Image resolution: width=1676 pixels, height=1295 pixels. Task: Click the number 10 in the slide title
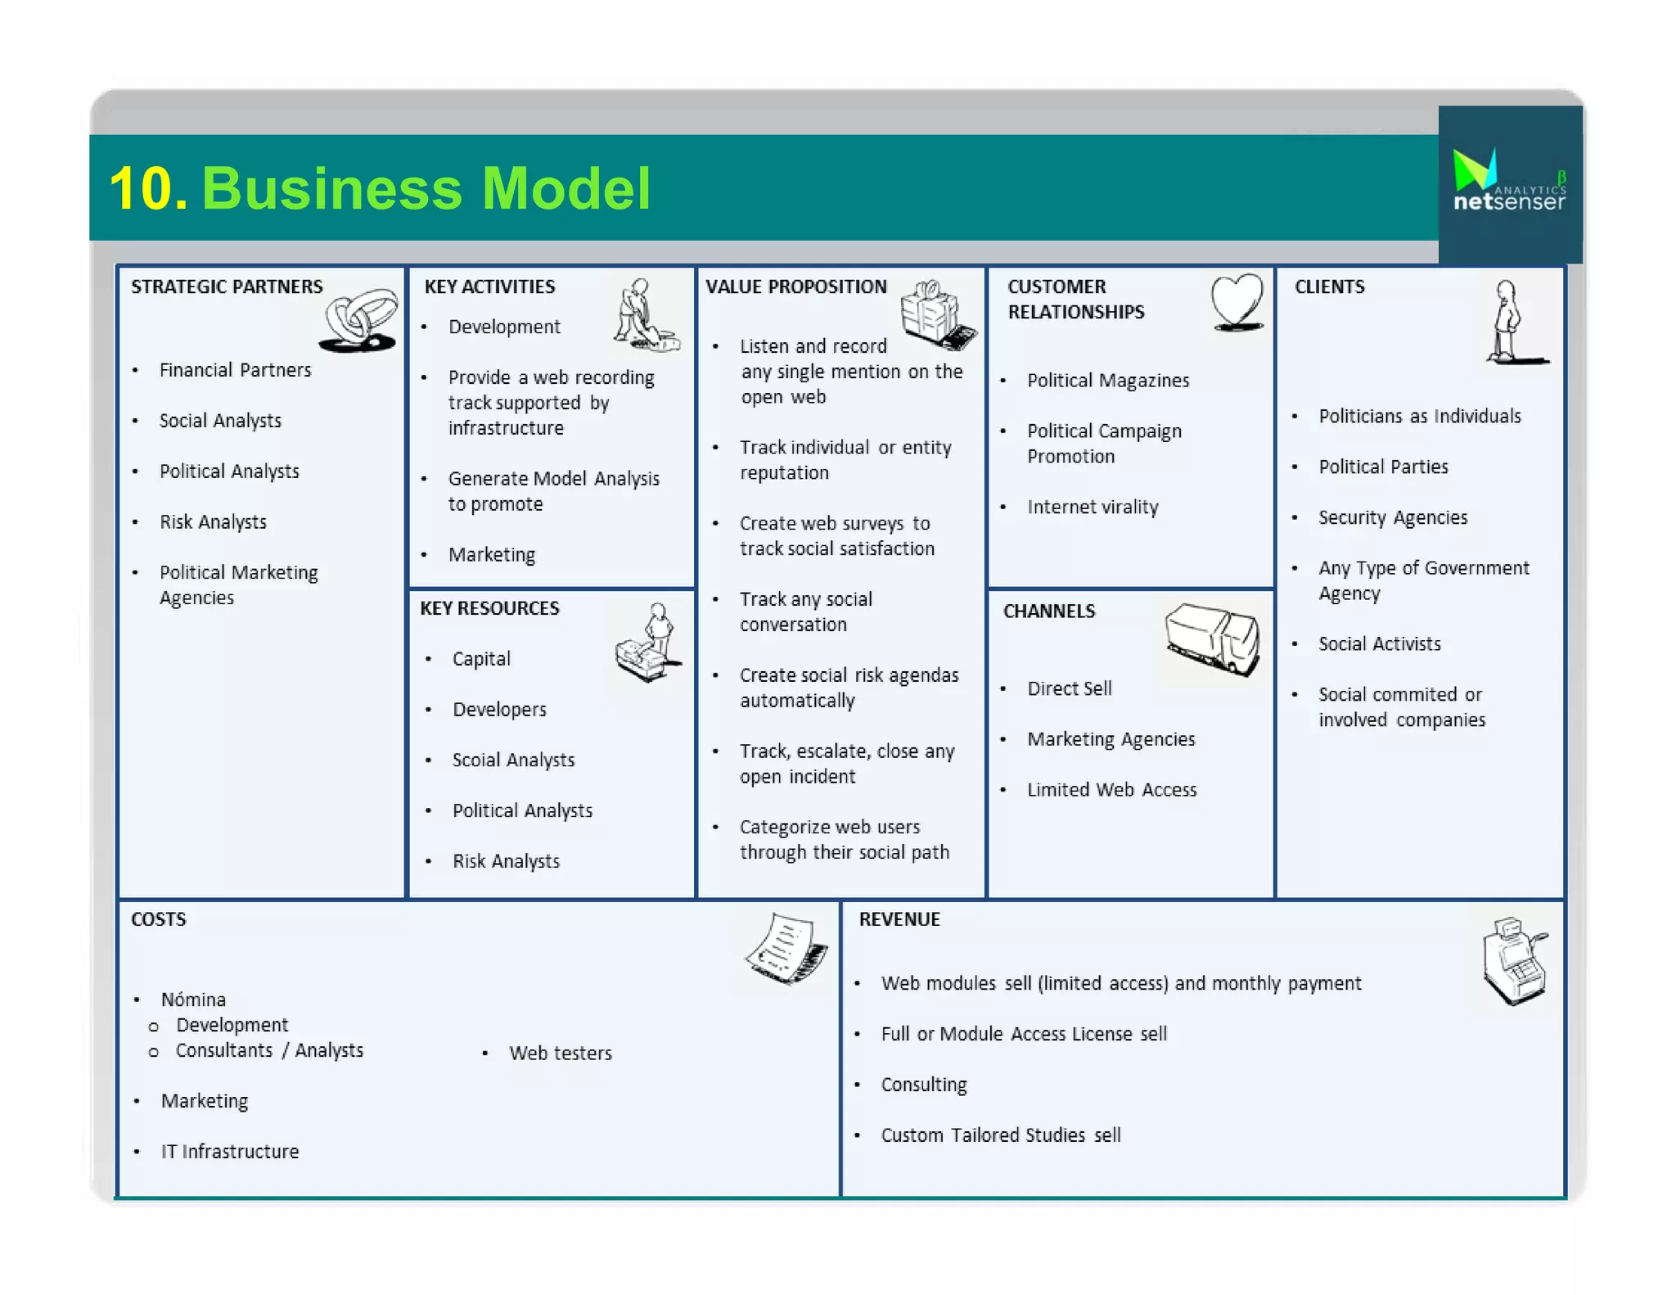click(x=147, y=189)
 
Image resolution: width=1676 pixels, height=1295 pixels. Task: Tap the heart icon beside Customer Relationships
click(x=1237, y=302)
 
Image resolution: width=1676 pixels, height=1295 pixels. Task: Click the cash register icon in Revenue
click(x=1514, y=960)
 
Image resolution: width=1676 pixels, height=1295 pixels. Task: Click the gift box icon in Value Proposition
click(x=936, y=314)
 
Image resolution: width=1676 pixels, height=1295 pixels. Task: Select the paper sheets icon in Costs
click(x=786, y=950)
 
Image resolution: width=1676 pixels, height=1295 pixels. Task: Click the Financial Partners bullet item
click(x=235, y=370)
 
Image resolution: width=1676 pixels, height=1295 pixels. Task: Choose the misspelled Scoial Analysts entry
click(x=513, y=760)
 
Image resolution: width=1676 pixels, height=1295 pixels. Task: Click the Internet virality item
click(x=1093, y=507)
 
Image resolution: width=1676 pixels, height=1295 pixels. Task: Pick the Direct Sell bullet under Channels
click(x=1069, y=688)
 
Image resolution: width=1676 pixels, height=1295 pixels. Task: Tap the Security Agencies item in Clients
click(x=1392, y=517)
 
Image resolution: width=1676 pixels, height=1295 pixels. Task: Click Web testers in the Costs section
click(x=560, y=1053)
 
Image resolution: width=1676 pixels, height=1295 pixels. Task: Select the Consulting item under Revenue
click(x=923, y=1085)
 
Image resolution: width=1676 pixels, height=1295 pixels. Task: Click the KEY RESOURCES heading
click(x=489, y=608)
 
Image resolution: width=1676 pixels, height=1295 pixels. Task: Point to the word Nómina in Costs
click(x=193, y=999)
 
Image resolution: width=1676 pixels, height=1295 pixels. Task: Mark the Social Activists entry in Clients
click(x=1379, y=643)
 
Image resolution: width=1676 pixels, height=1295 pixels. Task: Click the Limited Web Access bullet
click(x=1111, y=790)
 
